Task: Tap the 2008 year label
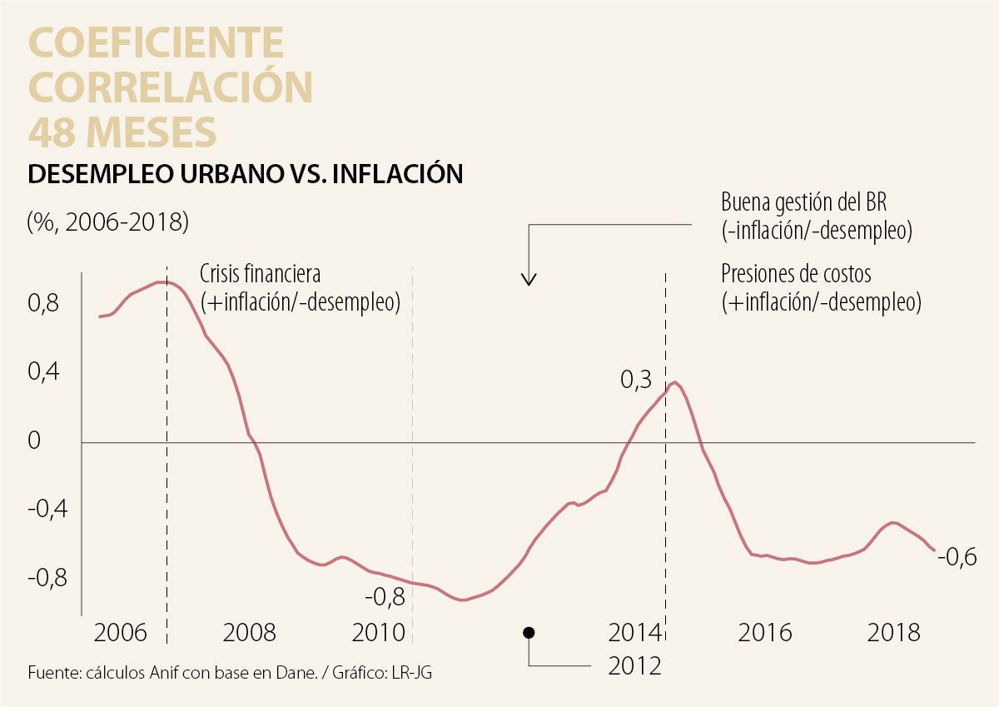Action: (x=250, y=632)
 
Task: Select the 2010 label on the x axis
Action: (x=379, y=632)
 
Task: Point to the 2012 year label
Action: (x=635, y=665)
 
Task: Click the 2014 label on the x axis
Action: (x=635, y=632)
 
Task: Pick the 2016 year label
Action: (x=765, y=632)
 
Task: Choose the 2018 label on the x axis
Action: (x=893, y=632)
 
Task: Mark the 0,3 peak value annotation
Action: (x=636, y=380)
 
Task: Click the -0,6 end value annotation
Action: (x=957, y=557)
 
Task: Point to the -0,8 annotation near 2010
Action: (x=385, y=596)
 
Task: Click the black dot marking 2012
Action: (x=529, y=633)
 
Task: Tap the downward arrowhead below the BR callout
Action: (x=529, y=280)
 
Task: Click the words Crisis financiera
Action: (x=260, y=274)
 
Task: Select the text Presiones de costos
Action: (x=796, y=273)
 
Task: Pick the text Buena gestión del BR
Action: (x=804, y=203)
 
